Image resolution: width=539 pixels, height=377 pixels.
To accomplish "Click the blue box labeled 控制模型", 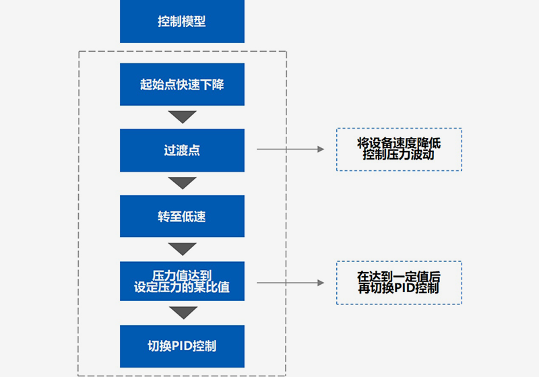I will coord(182,22).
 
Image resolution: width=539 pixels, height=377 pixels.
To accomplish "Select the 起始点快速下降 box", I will coord(182,85).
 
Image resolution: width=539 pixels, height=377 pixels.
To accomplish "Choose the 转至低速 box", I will coord(182,217).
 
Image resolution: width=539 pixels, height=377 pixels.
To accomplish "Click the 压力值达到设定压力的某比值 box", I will coord(182,282).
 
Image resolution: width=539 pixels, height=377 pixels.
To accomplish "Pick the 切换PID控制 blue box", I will coord(182,347).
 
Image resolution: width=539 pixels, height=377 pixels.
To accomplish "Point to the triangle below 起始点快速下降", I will coord(182,117).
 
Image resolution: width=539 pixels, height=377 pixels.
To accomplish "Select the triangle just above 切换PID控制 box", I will coord(182,313).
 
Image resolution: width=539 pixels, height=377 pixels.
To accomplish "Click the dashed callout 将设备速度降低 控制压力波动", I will coord(399,149).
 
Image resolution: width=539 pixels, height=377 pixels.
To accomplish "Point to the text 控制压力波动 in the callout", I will coord(399,156).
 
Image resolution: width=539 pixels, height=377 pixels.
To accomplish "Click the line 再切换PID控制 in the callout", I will coord(399,289).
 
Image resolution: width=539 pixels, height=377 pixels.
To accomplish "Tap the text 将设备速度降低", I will coord(399,143).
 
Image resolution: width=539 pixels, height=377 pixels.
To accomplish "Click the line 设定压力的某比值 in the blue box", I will coord(182,288).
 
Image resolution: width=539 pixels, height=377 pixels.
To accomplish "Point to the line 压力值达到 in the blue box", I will coord(182,275).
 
